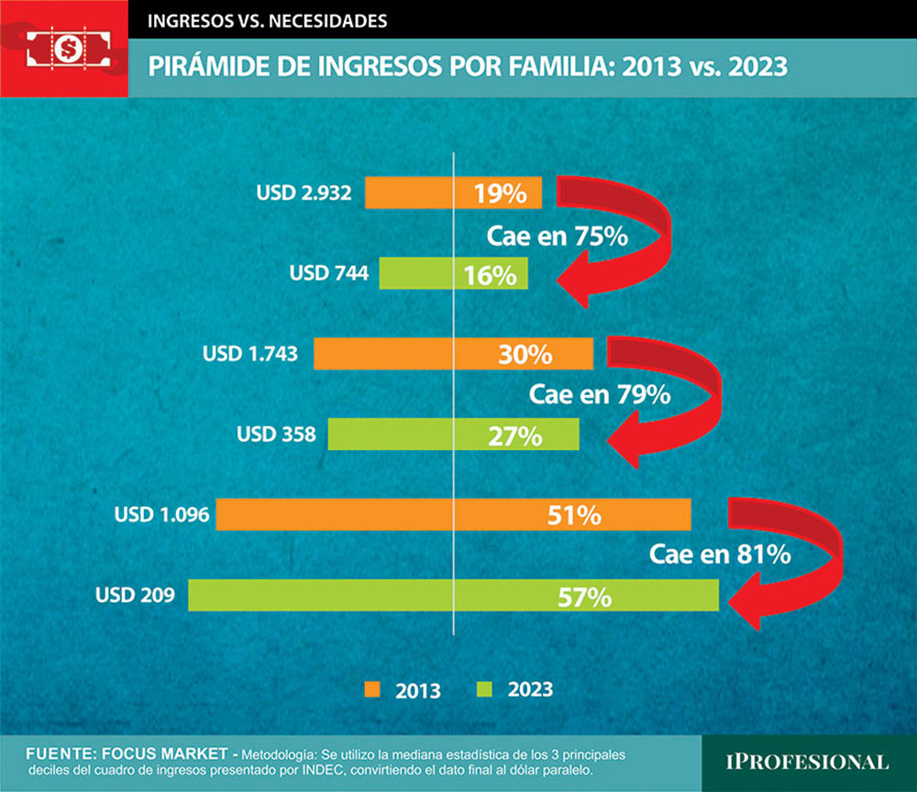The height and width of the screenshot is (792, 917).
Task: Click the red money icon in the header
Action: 64,47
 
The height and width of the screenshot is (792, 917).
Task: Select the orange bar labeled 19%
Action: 454,193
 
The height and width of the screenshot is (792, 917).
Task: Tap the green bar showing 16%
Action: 454,273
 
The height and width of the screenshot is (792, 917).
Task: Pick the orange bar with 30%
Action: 454,354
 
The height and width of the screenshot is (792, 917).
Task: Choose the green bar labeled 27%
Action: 454,434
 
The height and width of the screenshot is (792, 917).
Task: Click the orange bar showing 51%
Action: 453,514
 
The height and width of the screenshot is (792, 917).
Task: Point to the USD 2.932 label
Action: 304,193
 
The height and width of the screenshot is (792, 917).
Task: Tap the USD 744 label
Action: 328,273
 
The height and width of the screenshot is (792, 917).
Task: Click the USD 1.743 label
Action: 250,354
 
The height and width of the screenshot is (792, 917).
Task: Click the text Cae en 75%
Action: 556,236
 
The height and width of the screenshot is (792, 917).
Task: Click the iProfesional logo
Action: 808,762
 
